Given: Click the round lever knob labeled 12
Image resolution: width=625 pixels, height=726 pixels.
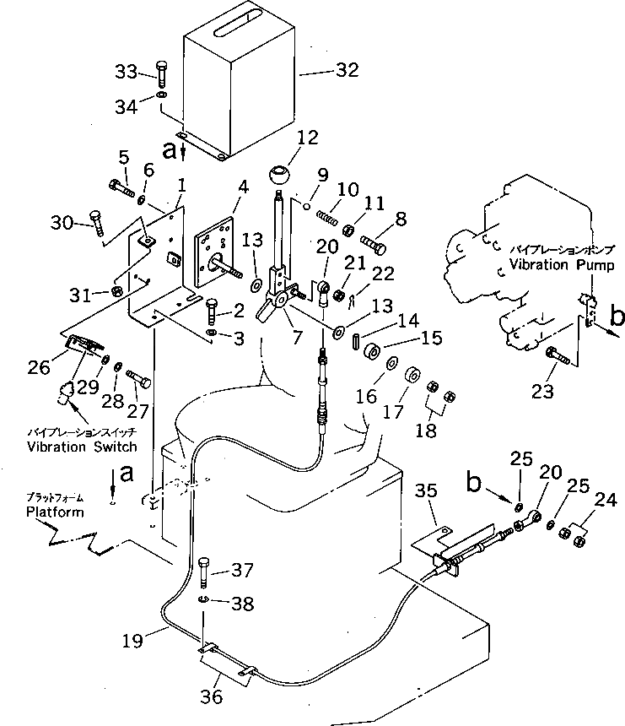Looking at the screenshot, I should point(278,178).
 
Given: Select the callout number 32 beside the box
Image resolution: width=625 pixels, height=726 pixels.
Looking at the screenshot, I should point(347,72).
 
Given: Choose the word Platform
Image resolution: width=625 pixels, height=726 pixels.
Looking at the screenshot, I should point(55,512).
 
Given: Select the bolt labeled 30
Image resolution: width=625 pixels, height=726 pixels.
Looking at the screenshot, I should point(96,224).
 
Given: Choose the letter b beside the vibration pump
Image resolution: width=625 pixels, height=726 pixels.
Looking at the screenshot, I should point(617,318).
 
